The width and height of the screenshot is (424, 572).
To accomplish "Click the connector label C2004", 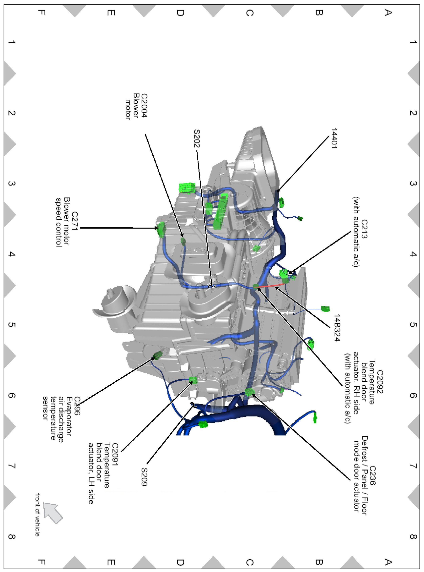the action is (144, 105).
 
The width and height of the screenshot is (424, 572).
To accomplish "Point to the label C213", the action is (364, 229).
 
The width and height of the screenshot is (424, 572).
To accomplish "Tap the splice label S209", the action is (144, 477).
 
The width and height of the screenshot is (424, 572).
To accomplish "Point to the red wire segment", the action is (271, 285).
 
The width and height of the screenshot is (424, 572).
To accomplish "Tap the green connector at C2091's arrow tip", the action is (193, 380).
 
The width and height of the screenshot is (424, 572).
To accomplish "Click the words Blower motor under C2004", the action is (132, 106).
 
